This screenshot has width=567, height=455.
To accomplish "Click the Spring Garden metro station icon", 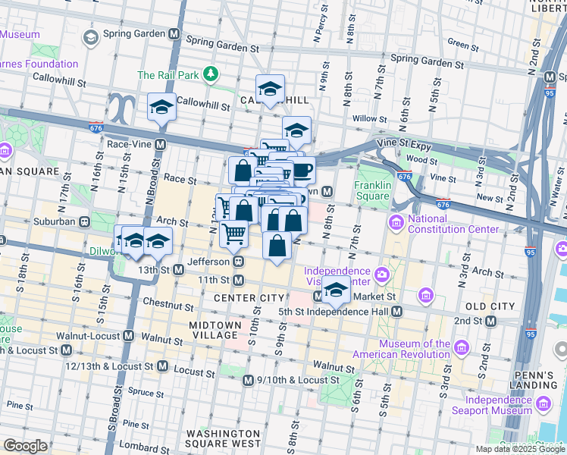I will point(174,34).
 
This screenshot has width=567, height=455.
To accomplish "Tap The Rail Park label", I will point(168,74).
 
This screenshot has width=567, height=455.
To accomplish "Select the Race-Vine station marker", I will point(161,143).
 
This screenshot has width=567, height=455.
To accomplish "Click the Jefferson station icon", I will point(238,261).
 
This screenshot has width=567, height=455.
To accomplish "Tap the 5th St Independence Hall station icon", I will point(396,311).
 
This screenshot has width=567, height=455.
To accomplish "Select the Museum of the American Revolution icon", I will point(461,349).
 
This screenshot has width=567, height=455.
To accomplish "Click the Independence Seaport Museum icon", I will point(542,406).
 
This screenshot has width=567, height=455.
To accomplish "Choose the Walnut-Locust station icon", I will point(128,335).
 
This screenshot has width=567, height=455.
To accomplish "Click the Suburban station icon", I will point(85,222).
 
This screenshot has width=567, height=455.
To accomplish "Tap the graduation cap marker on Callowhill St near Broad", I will point(161,108).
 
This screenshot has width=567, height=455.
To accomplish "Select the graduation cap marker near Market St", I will point(335,290).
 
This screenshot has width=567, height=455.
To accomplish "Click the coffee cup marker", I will point(302,170).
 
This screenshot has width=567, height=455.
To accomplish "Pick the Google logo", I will point(25,446).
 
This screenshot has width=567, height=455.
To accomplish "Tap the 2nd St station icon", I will point(490,321).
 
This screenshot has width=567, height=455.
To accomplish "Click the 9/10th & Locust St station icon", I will point(247,379).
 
